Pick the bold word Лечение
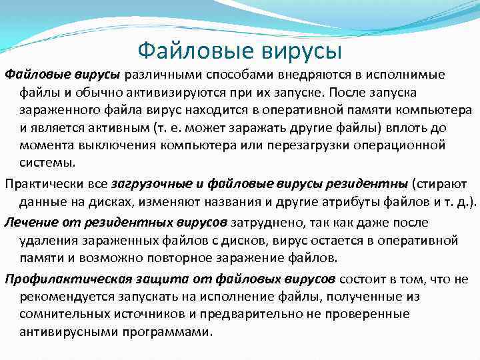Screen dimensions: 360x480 tap(29, 222)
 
